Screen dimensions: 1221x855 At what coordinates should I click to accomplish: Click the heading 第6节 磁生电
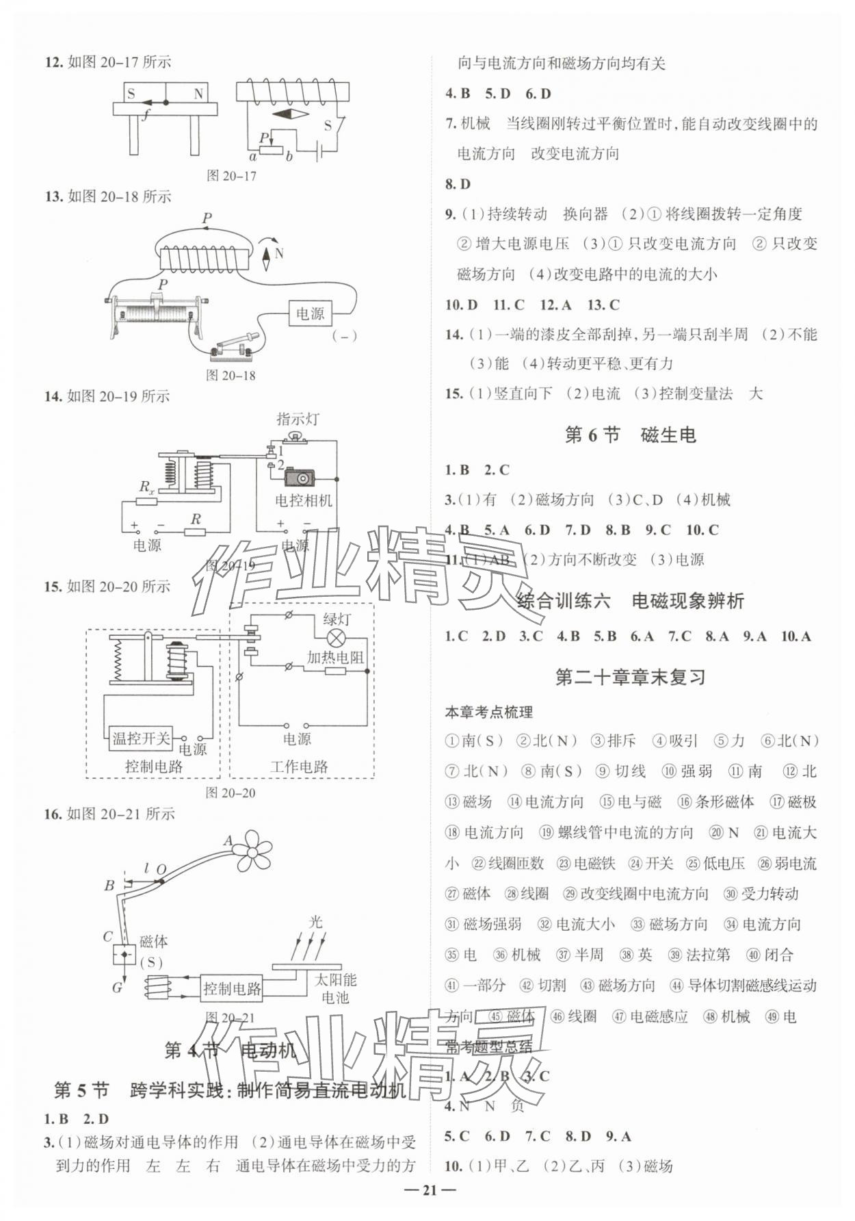pyautogui.click(x=630, y=435)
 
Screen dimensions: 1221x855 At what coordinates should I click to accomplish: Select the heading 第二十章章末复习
pyautogui.click(x=630, y=678)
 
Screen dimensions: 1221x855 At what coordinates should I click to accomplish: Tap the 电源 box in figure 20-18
pyautogui.click(x=310, y=313)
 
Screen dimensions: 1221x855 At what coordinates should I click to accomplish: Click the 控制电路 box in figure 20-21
pyautogui.click(x=232, y=988)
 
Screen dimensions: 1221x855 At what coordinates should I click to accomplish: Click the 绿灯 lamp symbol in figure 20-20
pyautogui.click(x=336, y=639)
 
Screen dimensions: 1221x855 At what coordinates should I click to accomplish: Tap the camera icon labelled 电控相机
pyautogui.click(x=300, y=477)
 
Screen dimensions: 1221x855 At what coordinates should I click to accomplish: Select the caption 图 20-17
pyautogui.click(x=231, y=176)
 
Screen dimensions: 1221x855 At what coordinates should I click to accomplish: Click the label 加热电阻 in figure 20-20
pyautogui.click(x=335, y=657)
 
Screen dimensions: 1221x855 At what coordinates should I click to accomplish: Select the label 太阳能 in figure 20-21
pyautogui.click(x=335, y=979)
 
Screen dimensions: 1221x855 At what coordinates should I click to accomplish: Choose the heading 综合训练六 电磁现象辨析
pyautogui.click(x=630, y=602)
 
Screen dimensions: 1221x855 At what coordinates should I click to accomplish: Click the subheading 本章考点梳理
pyautogui.click(x=488, y=712)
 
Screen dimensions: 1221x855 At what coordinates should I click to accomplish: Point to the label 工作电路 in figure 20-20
pyautogui.click(x=299, y=767)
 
